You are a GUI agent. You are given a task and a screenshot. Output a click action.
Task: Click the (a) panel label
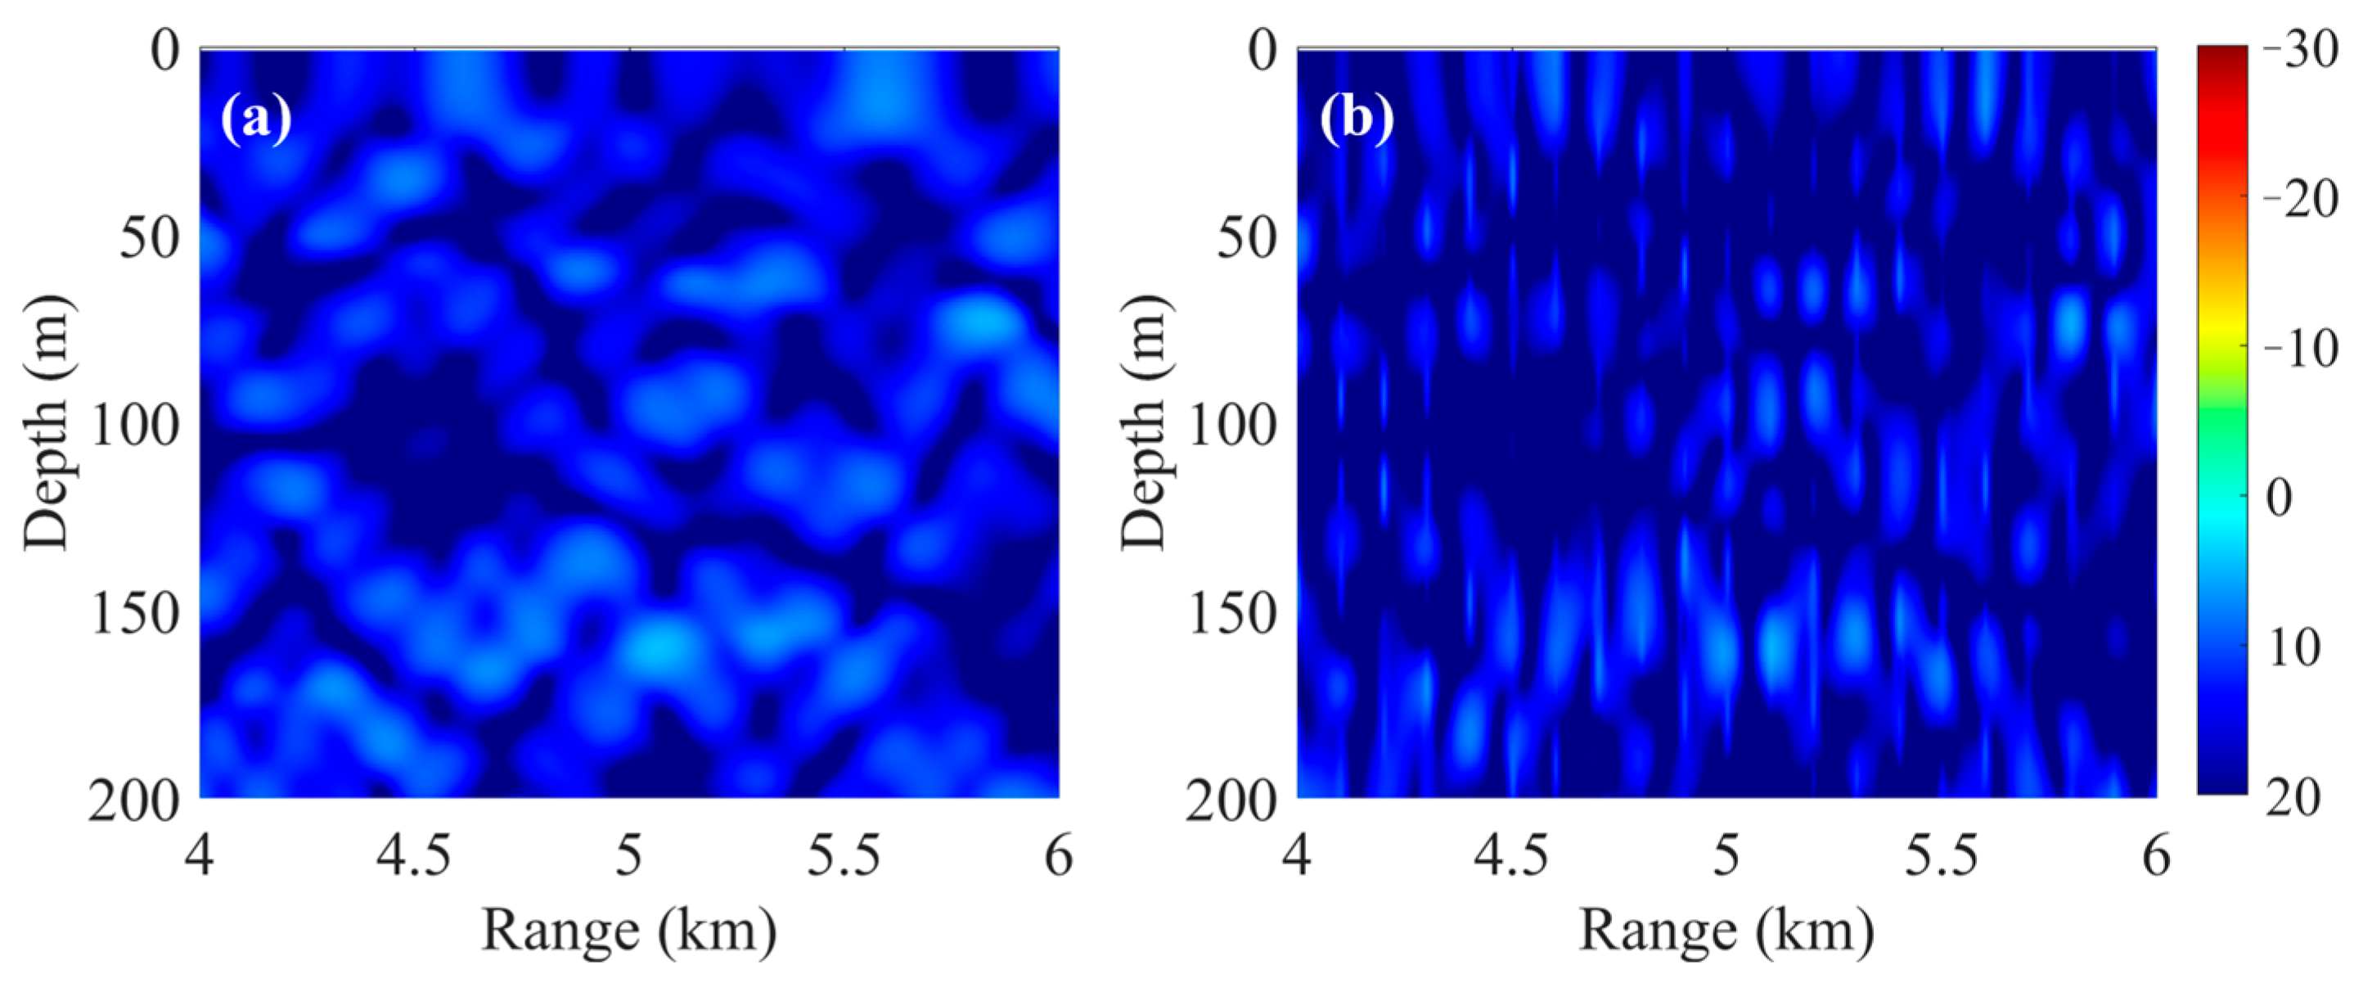coord(256,119)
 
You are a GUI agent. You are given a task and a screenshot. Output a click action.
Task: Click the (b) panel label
coord(1357,119)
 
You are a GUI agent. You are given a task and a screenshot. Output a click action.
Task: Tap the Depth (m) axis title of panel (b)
coord(1145,423)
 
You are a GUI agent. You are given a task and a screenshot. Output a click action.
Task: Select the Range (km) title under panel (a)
coord(629,931)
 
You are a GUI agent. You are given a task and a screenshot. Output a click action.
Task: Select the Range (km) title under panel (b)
coord(1726,931)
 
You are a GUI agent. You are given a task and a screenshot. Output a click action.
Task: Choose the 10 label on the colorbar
coord(2294,648)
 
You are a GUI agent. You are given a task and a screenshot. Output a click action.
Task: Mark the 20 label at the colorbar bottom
coord(2294,796)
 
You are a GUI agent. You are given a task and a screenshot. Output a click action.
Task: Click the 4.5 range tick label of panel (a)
coord(414,856)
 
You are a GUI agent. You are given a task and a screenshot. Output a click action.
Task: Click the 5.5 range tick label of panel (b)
coord(1942,856)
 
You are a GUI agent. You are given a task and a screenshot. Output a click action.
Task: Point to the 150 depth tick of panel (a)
coord(135,613)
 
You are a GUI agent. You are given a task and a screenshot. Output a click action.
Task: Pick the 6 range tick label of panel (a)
coord(1060,856)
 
